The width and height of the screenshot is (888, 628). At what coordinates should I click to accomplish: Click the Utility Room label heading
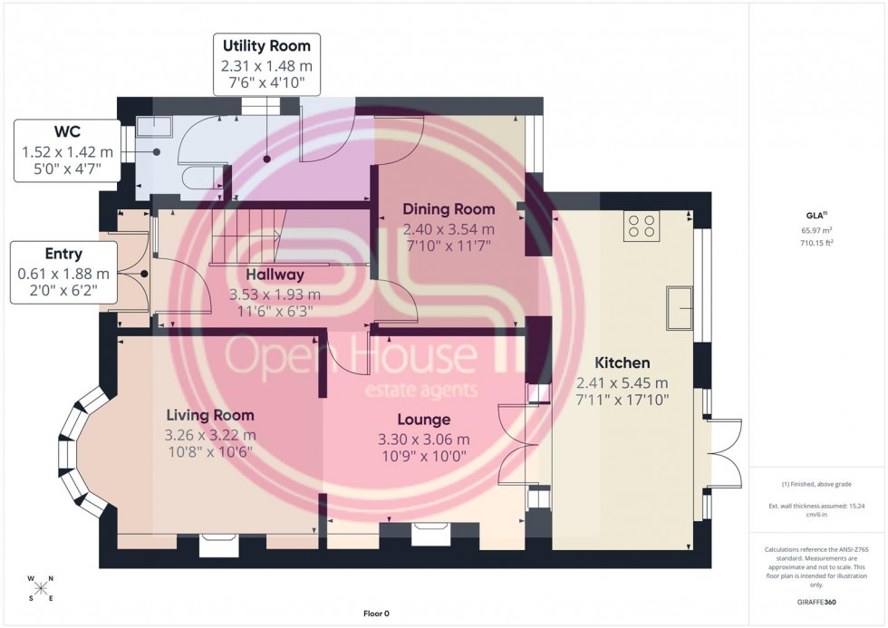pos(266,45)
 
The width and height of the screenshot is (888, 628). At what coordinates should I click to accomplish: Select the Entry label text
pos(63,255)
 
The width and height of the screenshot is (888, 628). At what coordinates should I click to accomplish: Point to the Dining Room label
pos(449,209)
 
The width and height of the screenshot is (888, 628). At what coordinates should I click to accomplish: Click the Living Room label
pos(210,415)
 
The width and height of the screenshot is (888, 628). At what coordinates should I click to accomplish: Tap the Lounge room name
pos(423,420)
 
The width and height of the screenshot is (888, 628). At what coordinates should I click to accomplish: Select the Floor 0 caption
pos(374,614)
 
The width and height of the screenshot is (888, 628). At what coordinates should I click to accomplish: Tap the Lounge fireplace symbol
pos(429,536)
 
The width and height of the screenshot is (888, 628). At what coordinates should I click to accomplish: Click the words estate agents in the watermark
pos(421,391)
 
